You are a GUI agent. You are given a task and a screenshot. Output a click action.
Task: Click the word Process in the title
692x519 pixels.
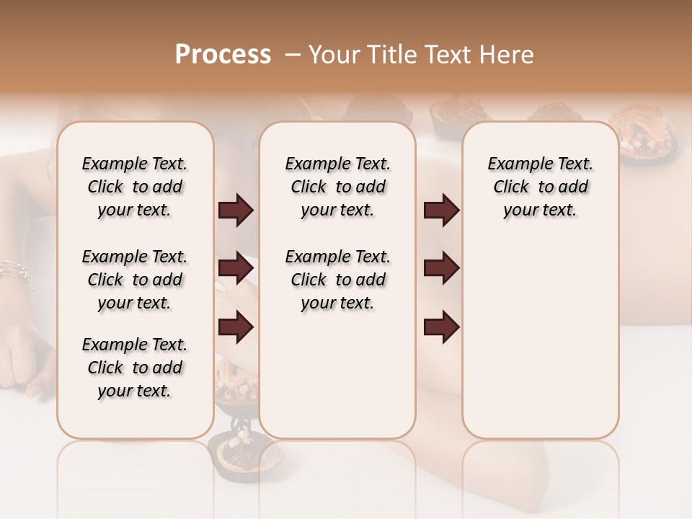pos(223,55)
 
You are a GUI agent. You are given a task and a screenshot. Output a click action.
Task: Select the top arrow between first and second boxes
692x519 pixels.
pos(236,210)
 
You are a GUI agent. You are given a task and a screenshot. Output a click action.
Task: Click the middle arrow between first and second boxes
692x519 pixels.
pos(236,269)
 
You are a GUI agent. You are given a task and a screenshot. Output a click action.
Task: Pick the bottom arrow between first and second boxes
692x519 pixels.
pos(236,327)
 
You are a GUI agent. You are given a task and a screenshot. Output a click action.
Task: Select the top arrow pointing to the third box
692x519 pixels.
pos(441,210)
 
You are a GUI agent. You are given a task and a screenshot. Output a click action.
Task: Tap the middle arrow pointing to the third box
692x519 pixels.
pos(441,269)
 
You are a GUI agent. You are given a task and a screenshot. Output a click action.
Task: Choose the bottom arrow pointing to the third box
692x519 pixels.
pos(441,327)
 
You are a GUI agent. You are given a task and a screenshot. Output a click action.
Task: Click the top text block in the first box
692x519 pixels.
pos(135,187)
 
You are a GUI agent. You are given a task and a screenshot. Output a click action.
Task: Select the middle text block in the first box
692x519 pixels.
pos(135,280)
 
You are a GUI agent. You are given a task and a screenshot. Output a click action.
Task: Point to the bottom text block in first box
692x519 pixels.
pos(135,368)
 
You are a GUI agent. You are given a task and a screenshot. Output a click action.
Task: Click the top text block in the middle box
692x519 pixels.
pos(337,187)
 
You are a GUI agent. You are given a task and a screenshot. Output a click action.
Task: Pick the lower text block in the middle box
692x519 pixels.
pos(337,280)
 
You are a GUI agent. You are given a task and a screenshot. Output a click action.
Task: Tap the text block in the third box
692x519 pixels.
pos(540,187)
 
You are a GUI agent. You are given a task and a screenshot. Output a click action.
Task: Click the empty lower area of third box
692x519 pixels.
pos(540,346)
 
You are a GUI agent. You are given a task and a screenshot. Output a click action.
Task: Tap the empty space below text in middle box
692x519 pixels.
pos(337,375)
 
